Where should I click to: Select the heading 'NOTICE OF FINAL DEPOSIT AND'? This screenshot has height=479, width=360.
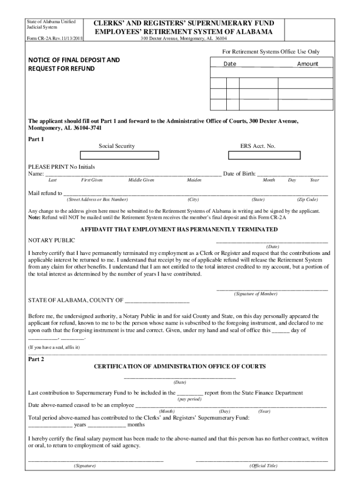(74, 60)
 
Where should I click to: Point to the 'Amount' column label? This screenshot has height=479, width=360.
(307, 64)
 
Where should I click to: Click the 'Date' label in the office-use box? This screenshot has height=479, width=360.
(230, 64)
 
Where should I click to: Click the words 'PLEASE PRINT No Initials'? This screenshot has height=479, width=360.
(61, 167)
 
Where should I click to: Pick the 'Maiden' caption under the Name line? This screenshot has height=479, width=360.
(194, 180)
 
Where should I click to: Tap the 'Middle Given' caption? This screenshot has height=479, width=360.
(141, 180)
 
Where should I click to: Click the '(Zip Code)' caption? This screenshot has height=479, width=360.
(307, 199)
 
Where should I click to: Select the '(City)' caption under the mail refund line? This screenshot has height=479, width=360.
(193, 199)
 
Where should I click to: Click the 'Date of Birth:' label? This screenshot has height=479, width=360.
(239, 174)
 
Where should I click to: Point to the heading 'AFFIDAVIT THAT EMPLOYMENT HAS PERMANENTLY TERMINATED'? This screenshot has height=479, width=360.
(179, 230)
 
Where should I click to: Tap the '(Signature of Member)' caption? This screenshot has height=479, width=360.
(256, 294)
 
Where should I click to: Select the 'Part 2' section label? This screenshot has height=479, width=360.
(36, 359)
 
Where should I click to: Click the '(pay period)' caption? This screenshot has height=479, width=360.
(189, 399)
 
